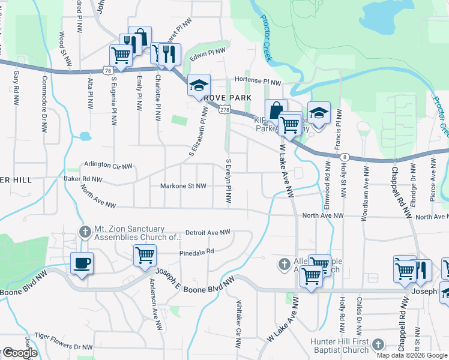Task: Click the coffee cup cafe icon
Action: click(82, 263)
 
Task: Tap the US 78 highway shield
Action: click(107, 71)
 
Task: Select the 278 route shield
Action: click(224, 110)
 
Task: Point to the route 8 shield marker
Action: click(344, 157)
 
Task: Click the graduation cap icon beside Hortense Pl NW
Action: click(199, 86)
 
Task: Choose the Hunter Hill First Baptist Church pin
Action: click(378, 344)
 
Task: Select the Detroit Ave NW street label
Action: click(208, 232)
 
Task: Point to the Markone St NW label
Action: click(183, 186)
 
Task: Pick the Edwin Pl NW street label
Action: click(206, 54)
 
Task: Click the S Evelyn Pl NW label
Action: click(228, 180)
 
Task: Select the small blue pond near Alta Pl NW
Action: click(84, 136)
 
